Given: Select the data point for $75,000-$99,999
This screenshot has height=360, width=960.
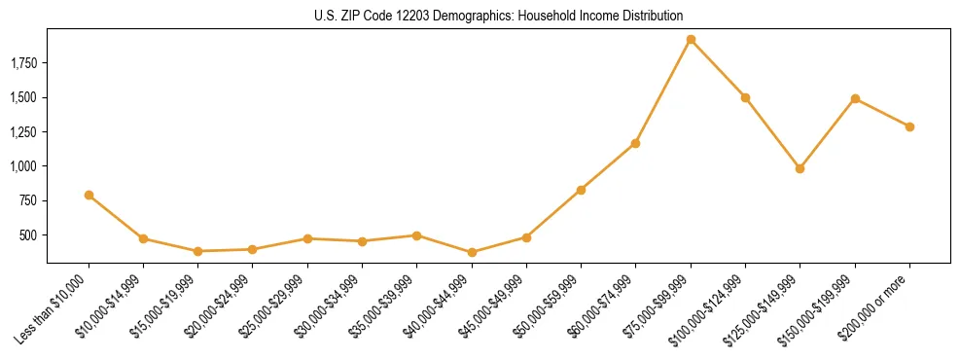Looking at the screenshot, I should [x=691, y=40].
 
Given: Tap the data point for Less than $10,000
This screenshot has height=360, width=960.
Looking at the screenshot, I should [x=89, y=195].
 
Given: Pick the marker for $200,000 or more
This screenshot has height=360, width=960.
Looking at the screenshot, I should [x=909, y=126].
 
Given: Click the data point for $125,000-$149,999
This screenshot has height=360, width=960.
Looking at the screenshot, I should [x=800, y=168].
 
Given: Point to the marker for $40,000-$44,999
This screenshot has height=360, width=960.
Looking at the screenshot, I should [x=472, y=252].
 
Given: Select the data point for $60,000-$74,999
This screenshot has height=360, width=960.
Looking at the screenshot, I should [x=635, y=143].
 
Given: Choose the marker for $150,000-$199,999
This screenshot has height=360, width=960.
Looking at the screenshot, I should [x=855, y=98].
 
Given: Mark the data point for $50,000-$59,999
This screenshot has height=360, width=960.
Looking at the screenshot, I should [x=581, y=190].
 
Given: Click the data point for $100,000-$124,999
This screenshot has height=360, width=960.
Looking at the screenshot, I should [x=745, y=97].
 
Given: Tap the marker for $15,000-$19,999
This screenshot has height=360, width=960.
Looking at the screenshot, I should [x=197, y=251].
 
